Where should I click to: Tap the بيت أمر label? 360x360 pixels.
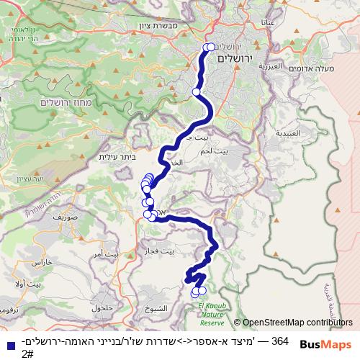[102, 254]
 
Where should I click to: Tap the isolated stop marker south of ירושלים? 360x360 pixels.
[197, 92]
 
